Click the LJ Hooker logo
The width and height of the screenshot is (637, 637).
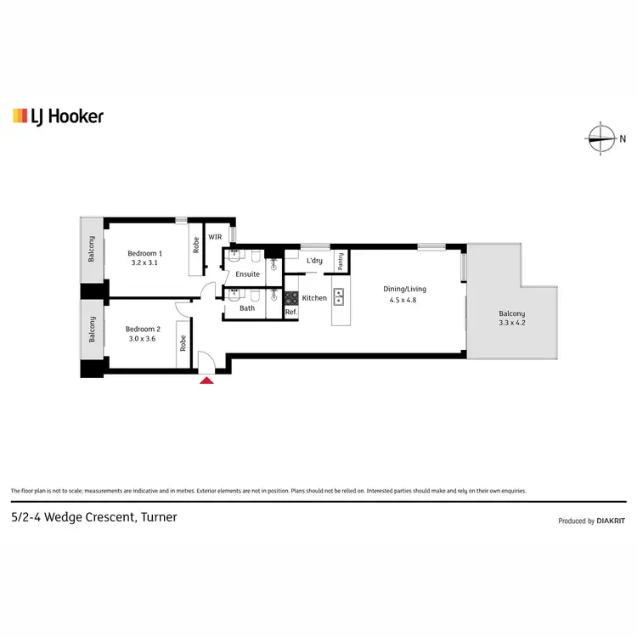click(58, 116)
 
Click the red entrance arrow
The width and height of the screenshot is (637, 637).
click(206, 380)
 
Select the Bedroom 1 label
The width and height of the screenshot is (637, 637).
click(144, 253)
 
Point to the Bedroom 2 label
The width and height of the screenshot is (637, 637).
click(143, 329)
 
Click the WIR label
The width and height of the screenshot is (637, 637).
click(215, 237)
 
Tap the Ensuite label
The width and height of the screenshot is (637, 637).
click(248, 274)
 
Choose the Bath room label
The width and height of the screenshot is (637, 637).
click(247, 308)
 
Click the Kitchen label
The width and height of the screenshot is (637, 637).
click(314, 298)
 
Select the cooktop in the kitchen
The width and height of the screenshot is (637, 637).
click(290, 297)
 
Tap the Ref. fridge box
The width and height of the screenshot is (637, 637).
click(290, 313)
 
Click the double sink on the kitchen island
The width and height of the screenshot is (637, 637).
click(338, 297)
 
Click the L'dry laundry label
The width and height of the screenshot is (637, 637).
click(314, 261)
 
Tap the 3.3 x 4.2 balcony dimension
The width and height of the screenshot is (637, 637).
click(512, 324)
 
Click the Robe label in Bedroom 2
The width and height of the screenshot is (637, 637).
click(183, 343)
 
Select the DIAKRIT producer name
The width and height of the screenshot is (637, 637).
click(611, 521)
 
